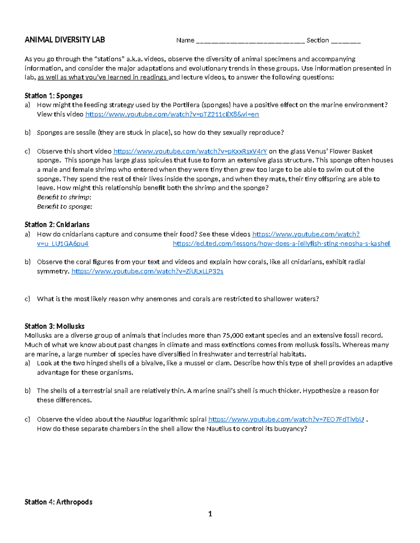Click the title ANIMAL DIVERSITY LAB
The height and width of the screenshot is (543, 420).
tap(65, 40)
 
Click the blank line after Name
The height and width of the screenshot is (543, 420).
tap(250, 41)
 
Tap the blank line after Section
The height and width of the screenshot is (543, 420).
tap(345, 41)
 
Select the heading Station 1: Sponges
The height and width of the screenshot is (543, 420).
tap(54, 96)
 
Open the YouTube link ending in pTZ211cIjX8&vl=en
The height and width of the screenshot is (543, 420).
tap(172, 114)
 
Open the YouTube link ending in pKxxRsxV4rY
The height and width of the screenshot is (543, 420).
tap(190, 151)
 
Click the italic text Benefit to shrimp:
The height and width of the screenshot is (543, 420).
tap(64, 197)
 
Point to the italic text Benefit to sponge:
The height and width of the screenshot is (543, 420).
tap(64, 207)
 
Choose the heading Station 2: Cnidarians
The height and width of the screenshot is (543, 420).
tap(57, 224)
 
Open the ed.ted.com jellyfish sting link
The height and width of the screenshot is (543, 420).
tap(281, 244)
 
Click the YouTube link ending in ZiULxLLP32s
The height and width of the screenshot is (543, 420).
tap(147, 271)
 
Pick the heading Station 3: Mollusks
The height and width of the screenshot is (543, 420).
tap(55, 326)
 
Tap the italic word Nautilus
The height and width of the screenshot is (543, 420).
tap(139, 419)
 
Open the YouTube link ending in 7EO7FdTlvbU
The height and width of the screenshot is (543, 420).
tap(286, 419)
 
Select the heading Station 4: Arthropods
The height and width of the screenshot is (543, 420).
tap(58, 502)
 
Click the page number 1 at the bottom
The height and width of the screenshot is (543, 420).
tap(210, 514)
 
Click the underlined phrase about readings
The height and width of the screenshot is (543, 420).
tap(103, 77)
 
